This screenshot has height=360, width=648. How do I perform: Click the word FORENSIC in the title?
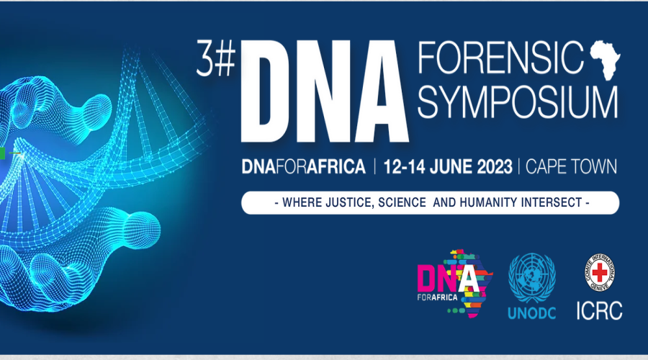tap(501, 57)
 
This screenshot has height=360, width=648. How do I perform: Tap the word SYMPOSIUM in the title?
tap(518, 102)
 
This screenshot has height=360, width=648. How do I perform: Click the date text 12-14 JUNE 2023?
tap(448, 167)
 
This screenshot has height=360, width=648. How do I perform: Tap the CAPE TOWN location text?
tap(571, 167)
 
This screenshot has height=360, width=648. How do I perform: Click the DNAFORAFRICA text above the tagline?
tap(304, 167)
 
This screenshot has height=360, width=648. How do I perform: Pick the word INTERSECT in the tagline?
tap(552, 202)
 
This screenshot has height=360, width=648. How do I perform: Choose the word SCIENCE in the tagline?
tap(402, 202)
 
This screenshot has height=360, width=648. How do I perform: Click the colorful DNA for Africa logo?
tap(455, 283)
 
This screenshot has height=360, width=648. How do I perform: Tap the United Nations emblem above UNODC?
tap(531, 278)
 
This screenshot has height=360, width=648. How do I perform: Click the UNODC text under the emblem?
tap(531, 313)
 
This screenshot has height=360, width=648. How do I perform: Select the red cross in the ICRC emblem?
tap(599, 273)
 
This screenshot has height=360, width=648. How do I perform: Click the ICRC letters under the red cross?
tap(599, 310)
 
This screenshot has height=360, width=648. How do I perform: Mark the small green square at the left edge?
tap(2, 153)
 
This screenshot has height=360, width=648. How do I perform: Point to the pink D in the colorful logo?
tap(426, 279)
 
